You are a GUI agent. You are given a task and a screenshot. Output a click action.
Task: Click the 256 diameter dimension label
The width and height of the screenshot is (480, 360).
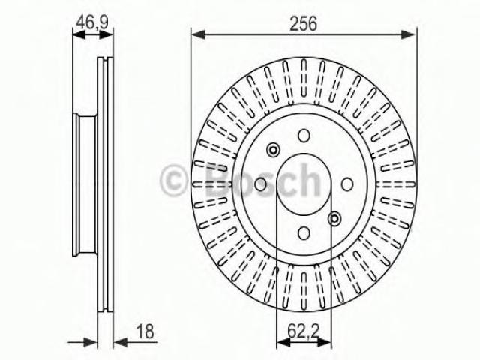303,23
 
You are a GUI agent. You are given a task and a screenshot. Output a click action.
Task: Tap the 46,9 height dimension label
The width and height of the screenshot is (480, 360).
92,22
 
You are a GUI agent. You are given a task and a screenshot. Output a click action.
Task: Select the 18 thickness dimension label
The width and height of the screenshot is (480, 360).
145,331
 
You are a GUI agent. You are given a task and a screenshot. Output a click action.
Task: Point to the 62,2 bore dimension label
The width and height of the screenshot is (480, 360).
303,331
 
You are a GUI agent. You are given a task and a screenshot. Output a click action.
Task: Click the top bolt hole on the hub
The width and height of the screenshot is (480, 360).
304,136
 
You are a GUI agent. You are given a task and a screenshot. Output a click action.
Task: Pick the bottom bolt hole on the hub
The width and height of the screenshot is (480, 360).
304,233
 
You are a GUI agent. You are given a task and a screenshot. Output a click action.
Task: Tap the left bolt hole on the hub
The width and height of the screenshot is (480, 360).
261,184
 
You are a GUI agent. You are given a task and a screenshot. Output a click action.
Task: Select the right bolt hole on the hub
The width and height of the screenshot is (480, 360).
347,184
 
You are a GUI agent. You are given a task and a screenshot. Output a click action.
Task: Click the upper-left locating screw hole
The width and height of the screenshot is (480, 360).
273,150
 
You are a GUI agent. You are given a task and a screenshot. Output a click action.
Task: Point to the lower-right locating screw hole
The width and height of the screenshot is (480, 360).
334,218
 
